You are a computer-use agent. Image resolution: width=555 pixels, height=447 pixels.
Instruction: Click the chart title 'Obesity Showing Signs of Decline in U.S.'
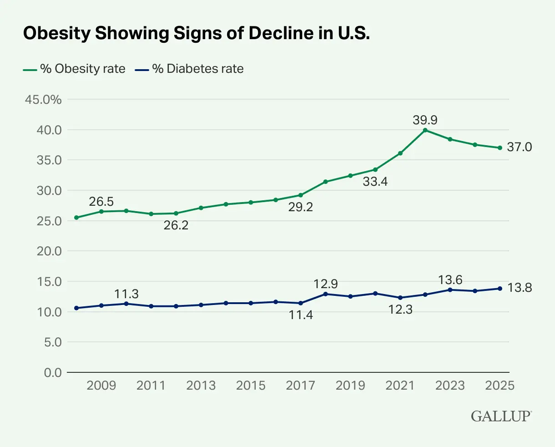pos(196,34)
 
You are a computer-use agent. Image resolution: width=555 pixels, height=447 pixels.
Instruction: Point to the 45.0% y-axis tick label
pos(43,99)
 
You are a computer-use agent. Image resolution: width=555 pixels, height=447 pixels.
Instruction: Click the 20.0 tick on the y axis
pos(49,251)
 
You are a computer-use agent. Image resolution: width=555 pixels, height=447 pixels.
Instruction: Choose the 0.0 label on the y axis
pos(52,372)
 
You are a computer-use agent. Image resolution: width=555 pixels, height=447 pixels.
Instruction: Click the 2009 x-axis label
pos(101,386)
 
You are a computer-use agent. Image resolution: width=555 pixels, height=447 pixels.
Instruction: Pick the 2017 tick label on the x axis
pos(300,386)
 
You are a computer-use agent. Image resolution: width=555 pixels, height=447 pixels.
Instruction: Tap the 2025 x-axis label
pos(499,386)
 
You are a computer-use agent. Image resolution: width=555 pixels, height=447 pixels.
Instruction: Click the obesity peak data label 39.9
pos(425,120)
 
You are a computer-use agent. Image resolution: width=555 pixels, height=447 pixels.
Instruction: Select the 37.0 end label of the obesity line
pos(519,147)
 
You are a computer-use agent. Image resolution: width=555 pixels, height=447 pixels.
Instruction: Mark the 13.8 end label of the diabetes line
pos(519,288)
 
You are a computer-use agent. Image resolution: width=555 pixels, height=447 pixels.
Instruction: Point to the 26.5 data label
pos(101,202)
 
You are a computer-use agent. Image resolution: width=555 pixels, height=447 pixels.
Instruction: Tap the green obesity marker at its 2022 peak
pos(425,130)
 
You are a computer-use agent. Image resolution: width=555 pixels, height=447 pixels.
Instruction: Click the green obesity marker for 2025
pos(499,147)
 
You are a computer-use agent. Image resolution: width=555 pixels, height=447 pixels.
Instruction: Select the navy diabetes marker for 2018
pos(325,294)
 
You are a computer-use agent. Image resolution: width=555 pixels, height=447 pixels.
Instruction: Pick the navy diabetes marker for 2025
pos(499,289)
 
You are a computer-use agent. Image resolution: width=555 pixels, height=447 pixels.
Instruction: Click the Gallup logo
pos(501,416)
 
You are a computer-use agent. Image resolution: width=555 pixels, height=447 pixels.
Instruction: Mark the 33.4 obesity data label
pos(375,182)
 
